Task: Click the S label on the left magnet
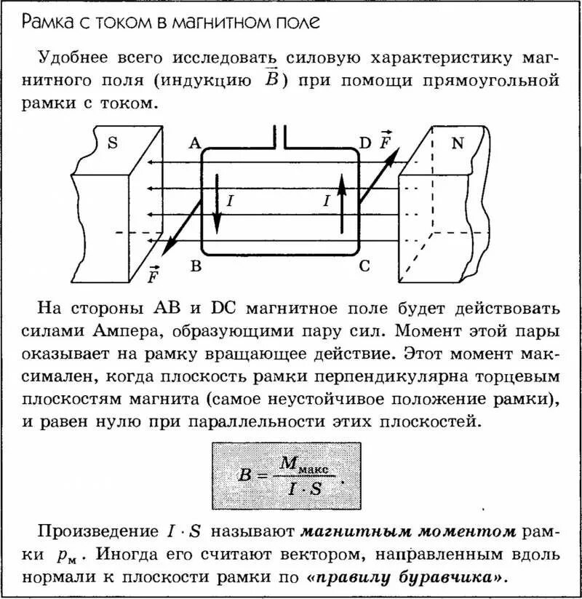[112, 143]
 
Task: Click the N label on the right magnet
[458, 143]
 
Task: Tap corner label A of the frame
[194, 143]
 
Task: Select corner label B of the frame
[195, 266]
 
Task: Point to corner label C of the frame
[364, 266]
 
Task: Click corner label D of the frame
[365, 143]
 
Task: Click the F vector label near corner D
[385, 140]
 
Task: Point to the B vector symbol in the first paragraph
[270, 79]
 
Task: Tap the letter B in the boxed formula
[244, 475]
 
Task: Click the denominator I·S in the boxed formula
[304, 488]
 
